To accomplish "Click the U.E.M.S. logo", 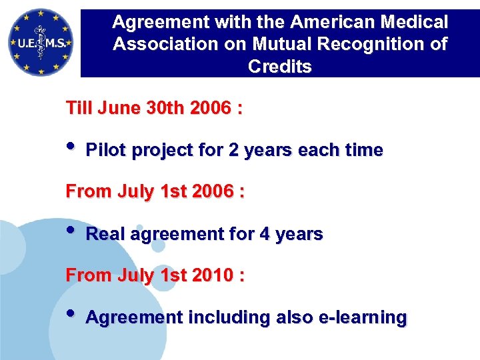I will coord(40,41).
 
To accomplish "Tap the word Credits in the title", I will coord(279,67).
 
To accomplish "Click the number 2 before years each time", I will coord(233,151).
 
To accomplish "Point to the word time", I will coord(363,151).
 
